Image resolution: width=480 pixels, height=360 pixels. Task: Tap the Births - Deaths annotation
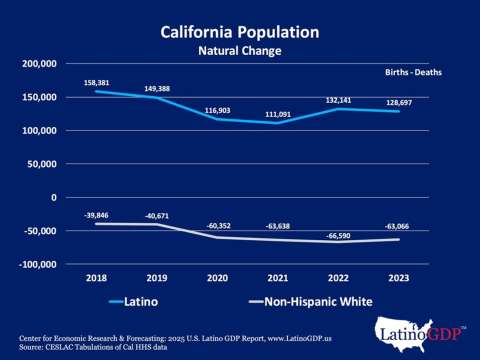(x=413, y=73)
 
